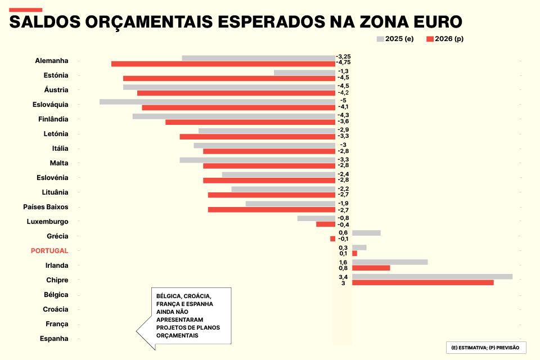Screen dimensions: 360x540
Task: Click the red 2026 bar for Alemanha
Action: tap(223, 64)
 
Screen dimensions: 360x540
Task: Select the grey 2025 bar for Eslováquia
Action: tap(217, 102)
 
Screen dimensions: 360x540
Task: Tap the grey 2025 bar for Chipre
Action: tap(432, 277)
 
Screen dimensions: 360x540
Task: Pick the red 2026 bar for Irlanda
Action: tap(371, 268)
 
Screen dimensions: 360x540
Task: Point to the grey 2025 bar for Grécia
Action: tap(366, 233)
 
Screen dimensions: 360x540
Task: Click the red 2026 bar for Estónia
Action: tap(229, 78)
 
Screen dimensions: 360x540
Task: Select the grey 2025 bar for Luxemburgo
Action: tap(316, 218)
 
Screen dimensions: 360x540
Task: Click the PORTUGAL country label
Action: tap(49, 251)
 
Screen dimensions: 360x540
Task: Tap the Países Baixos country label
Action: tap(46, 207)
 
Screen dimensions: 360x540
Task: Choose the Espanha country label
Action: tap(54, 339)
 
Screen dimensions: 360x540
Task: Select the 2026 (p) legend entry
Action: tap(445, 39)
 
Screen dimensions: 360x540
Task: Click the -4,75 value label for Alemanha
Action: tap(343, 63)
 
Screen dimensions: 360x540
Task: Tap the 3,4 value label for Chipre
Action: tap(343, 277)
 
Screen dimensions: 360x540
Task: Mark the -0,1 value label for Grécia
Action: tap(343, 238)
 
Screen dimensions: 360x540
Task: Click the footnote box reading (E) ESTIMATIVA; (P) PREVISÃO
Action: tap(485, 348)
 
